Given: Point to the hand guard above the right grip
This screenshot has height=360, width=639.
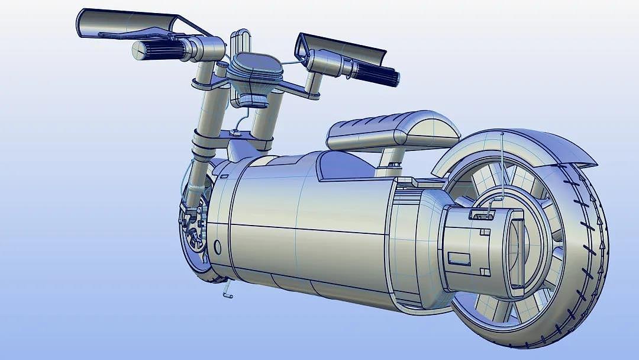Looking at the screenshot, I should click(343, 49).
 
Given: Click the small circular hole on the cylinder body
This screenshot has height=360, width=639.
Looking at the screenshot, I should click(217, 247).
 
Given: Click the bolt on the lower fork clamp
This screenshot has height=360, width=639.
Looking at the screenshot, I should click(237, 134).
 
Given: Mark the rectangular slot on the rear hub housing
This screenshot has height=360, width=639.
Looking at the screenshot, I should click(458, 259).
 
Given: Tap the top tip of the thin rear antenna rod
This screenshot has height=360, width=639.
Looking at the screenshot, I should click(502, 134).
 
